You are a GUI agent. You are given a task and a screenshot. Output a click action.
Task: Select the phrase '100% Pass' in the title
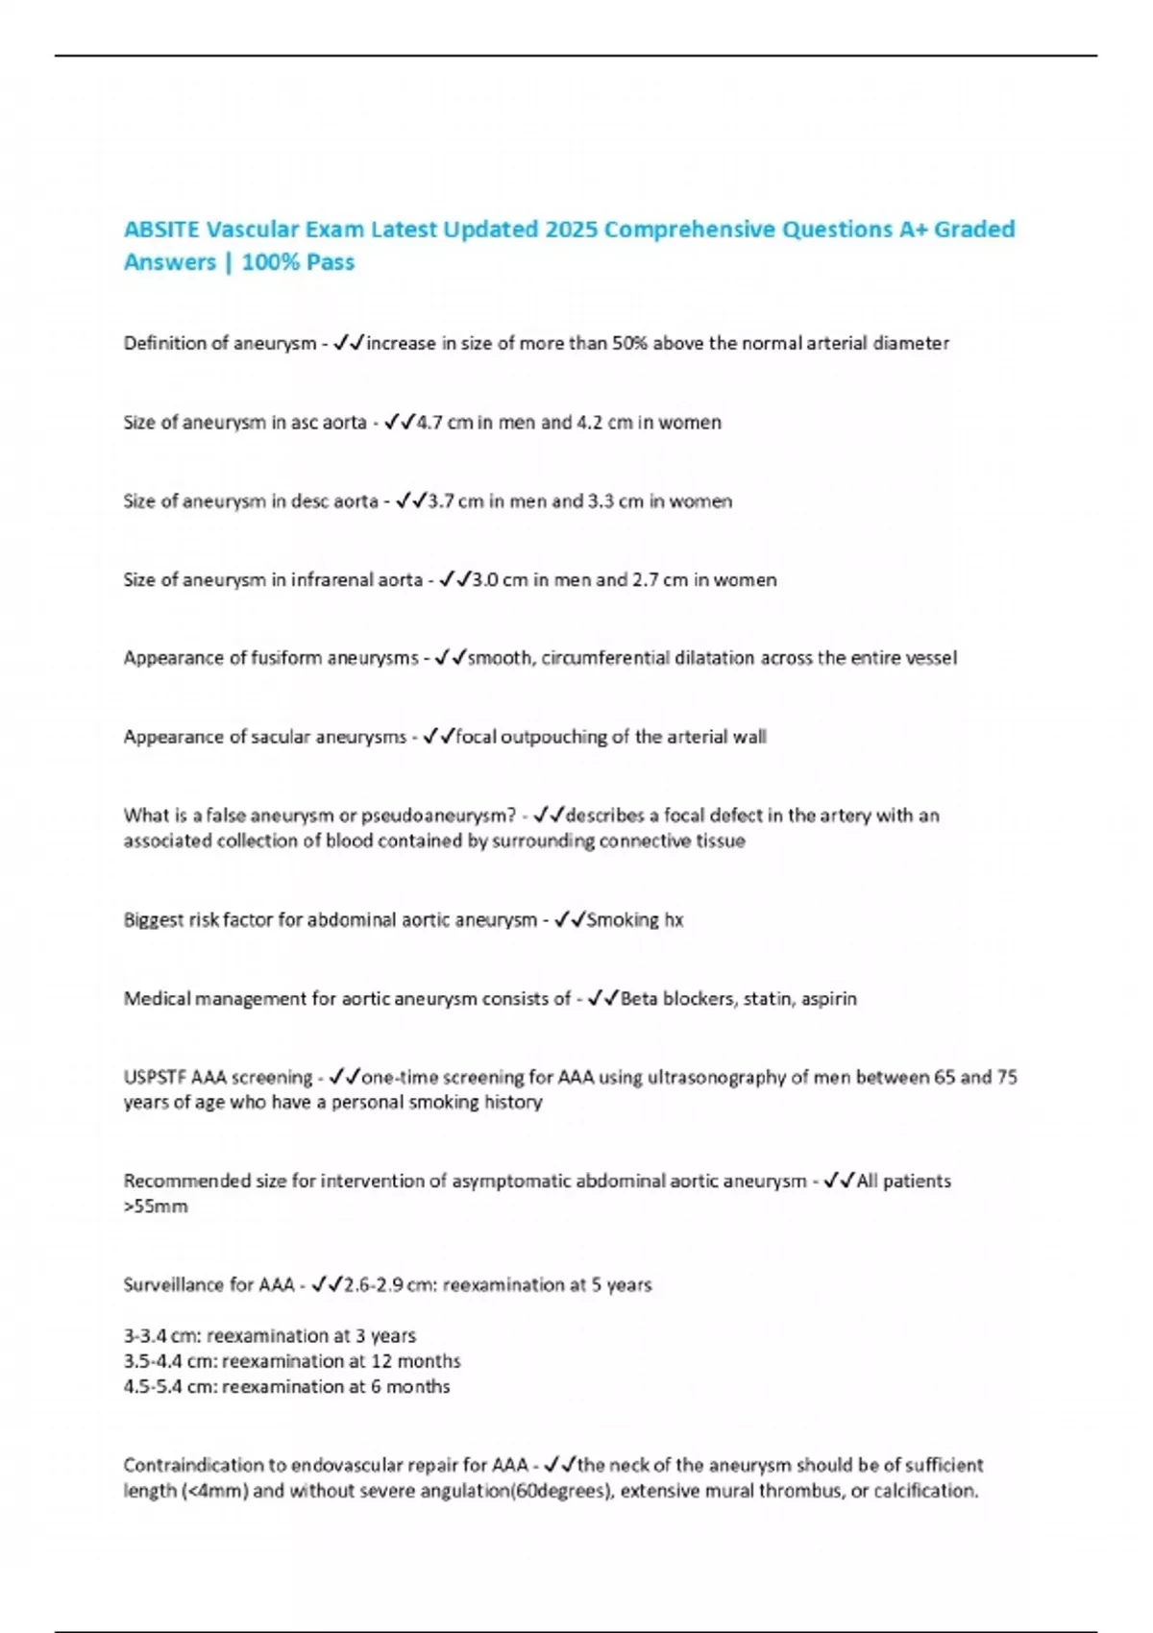[298, 262]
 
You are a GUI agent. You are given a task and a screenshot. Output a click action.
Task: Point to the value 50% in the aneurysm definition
[629, 343]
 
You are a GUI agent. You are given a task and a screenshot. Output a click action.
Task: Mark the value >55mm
[156, 1206]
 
